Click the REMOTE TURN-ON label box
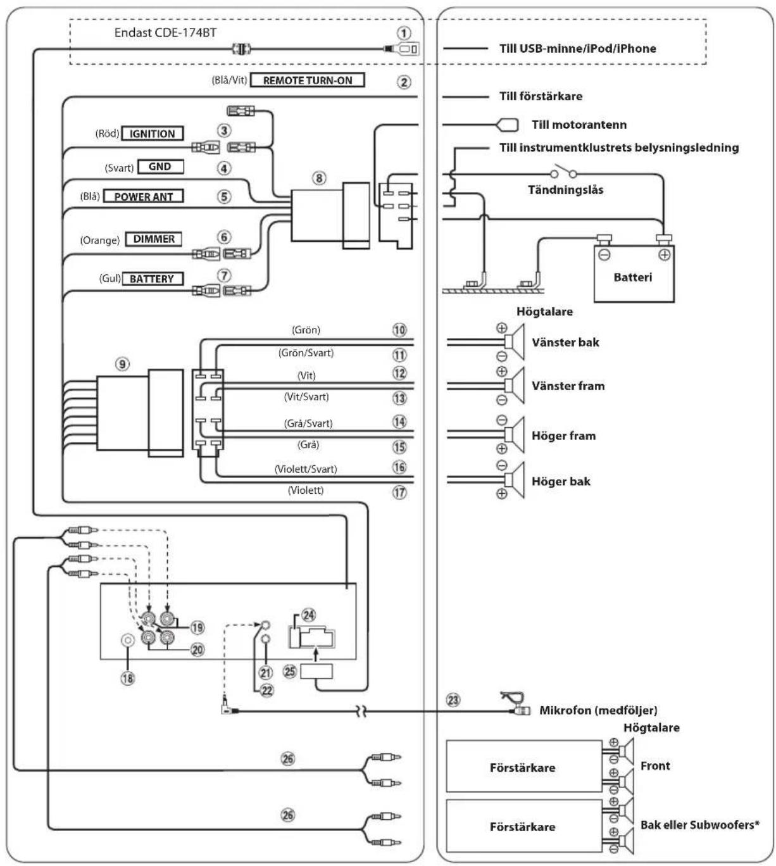307,80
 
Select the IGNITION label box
153,134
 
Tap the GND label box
160,166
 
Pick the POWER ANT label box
144,197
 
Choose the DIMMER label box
154,239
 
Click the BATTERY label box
153,279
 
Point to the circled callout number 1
404,33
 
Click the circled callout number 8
319,178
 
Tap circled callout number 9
122,364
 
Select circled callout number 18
128,678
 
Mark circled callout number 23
453,700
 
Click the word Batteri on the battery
633,277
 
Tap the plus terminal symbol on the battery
664,255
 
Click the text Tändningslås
565,190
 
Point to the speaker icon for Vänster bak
515,342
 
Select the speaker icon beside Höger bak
515,480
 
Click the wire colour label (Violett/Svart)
306,469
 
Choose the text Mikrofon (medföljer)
598,710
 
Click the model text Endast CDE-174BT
165,32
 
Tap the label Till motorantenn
579,125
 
